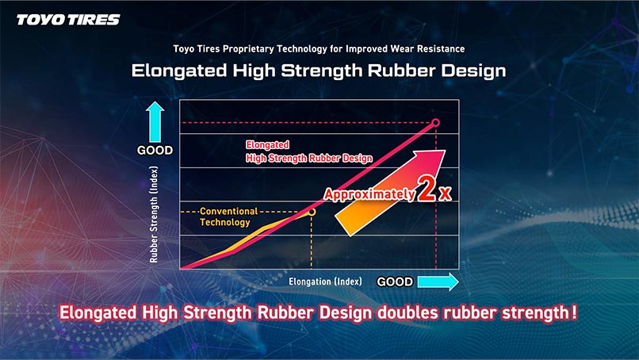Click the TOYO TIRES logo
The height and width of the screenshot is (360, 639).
68,20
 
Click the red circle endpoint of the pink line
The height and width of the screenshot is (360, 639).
435,122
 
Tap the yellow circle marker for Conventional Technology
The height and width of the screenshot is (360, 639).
312,212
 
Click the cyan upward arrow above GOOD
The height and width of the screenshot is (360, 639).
155,122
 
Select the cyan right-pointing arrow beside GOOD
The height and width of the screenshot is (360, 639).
438,281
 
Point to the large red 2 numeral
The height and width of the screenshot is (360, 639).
427,190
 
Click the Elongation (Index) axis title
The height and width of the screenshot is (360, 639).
325,281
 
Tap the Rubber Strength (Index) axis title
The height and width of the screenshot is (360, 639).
154,214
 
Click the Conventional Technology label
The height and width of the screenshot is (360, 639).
228,217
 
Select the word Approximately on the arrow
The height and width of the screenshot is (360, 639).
369,194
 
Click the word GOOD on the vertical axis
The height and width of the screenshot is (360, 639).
155,151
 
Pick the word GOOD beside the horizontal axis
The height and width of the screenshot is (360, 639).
395,281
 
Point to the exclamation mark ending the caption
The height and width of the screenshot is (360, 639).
574,312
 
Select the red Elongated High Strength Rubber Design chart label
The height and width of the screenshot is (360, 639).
309,151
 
